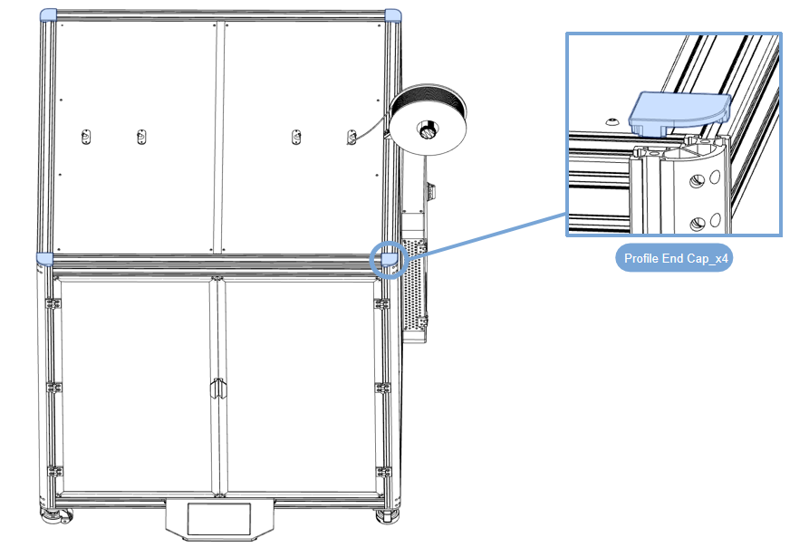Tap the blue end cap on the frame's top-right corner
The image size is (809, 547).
point(394,15)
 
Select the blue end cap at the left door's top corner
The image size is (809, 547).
point(43,260)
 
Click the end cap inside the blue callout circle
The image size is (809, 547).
point(389,259)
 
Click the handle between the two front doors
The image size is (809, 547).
point(217,389)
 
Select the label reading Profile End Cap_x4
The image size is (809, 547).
point(676,258)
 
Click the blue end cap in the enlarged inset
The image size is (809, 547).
point(679,110)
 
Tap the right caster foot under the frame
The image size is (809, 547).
point(389,517)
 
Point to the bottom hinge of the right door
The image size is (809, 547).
point(380,472)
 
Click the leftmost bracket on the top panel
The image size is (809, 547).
point(87,137)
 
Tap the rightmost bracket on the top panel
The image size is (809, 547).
point(351,137)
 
